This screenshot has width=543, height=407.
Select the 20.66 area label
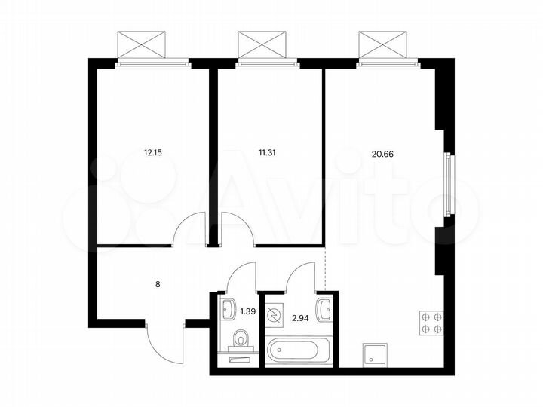(x=382, y=154)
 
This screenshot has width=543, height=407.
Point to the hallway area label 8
(x=158, y=285)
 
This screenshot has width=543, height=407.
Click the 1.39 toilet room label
(x=247, y=310)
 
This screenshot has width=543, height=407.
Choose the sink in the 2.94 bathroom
(x=324, y=308)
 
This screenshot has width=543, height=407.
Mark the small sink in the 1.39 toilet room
(x=227, y=308)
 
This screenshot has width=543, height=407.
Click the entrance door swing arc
(x=160, y=343)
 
